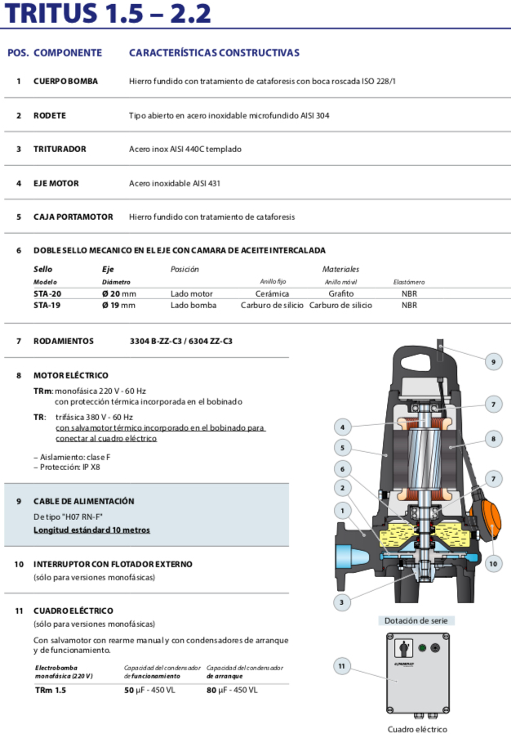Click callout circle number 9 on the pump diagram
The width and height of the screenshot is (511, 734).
[492, 361]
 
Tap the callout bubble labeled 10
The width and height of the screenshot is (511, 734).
[493, 563]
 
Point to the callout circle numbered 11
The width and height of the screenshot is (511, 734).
[342, 666]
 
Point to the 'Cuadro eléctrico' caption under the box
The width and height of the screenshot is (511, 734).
[417, 729]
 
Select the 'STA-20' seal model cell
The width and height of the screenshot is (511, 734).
[47, 293]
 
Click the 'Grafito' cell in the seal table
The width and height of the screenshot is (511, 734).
[340, 293]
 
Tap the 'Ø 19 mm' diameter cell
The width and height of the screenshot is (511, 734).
[118, 305]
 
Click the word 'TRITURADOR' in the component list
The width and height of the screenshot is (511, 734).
[60, 149]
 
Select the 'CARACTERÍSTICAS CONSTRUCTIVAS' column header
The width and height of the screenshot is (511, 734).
[214, 52]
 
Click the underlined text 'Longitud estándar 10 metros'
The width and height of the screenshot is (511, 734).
[91, 530]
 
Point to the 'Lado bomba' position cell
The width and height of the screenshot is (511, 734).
[193, 305]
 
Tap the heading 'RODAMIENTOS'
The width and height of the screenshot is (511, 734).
[64, 341]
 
